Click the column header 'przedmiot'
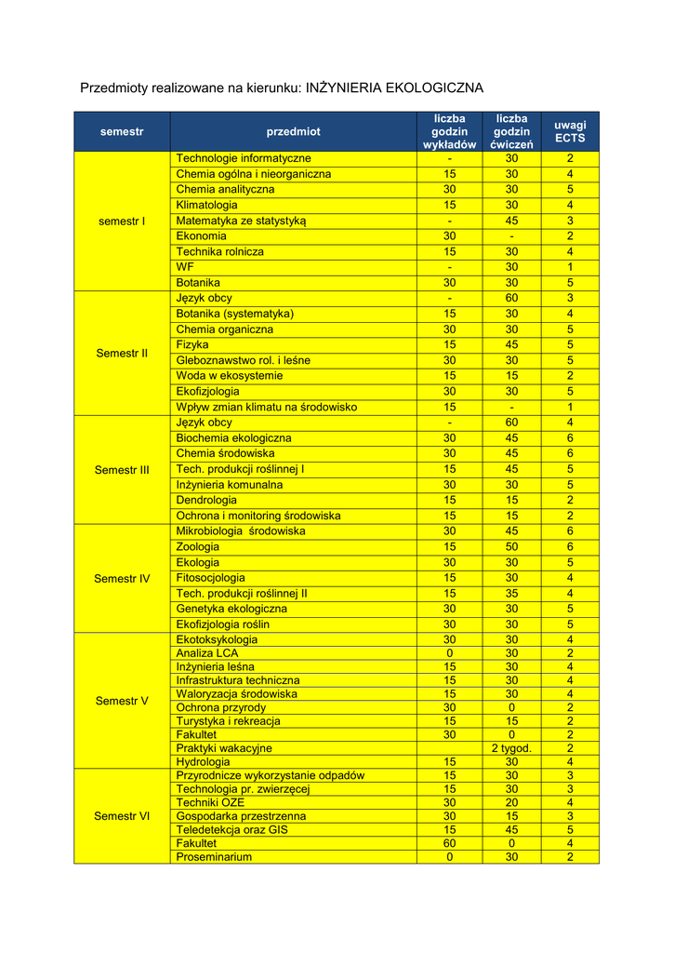click(293, 132)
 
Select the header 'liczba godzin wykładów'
click(449, 132)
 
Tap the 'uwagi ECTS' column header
click(570, 132)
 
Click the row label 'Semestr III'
click(122, 470)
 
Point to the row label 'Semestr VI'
click(122, 816)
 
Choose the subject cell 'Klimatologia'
click(206, 205)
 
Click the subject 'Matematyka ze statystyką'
click(241, 221)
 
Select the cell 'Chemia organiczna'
click(225, 329)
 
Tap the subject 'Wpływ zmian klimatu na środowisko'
click(266, 408)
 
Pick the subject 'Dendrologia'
click(206, 500)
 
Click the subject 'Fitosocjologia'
click(211, 578)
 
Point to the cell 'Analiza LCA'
click(207, 653)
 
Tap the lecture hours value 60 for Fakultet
click(449, 843)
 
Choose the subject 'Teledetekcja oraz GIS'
click(232, 830)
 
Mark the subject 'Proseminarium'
click(214, 857)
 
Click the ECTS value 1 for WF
click(570, 267)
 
